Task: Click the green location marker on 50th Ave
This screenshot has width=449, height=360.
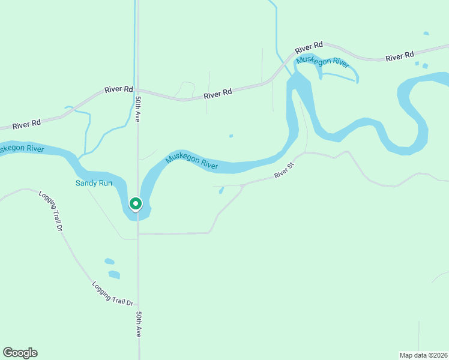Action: pos(136,204)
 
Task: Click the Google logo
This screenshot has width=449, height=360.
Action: pos(20,353)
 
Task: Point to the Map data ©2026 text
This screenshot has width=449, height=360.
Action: pos(423,355)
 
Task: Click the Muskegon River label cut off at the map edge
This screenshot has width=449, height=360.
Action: pos(22,148)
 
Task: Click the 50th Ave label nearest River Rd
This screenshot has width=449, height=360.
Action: pos(137,109)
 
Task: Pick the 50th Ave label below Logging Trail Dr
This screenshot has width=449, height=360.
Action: pos(139,324)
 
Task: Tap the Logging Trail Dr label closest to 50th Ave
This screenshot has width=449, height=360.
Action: pos(112,294)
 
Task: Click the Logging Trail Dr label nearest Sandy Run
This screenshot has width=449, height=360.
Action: pos(51,211)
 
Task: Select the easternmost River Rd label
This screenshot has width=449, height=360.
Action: pos(400,56)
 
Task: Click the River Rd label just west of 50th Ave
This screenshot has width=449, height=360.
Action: pos(118,89)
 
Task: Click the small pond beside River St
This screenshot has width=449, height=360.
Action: pos(221,191)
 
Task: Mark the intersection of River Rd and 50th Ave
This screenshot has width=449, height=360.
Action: pos(137,91)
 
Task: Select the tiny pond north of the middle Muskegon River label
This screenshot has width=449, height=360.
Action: pos(231,136)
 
